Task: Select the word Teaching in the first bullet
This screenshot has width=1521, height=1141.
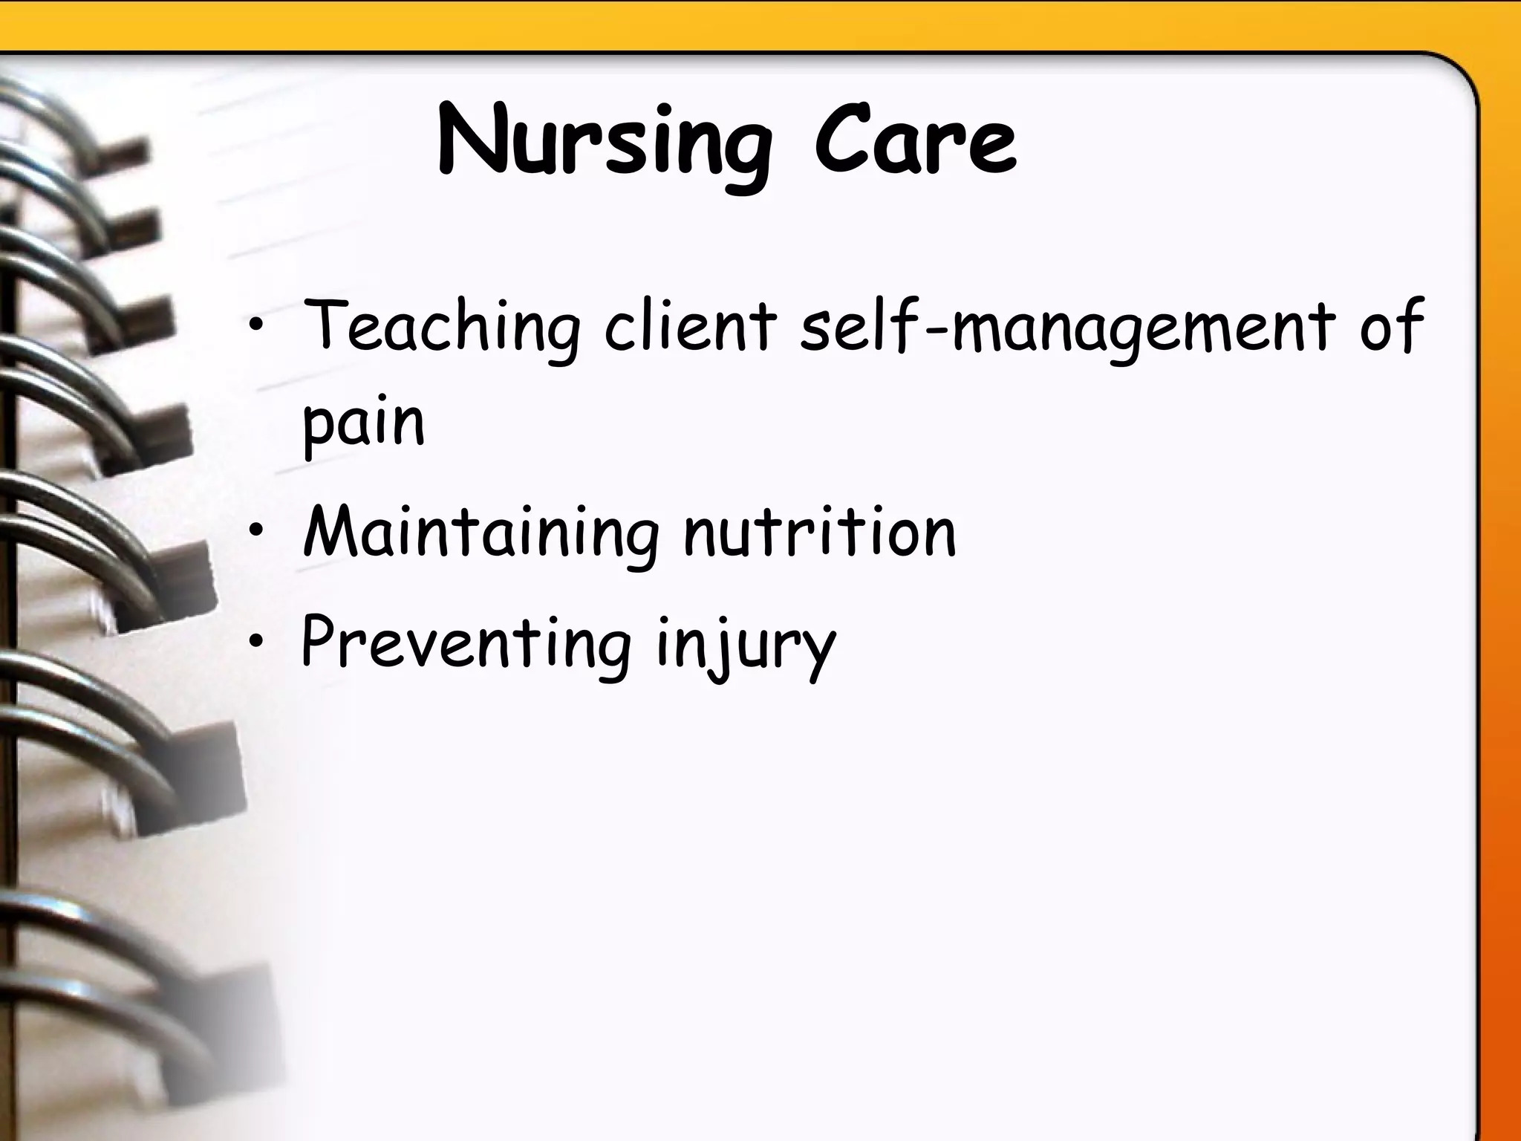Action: pos(441,327)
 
